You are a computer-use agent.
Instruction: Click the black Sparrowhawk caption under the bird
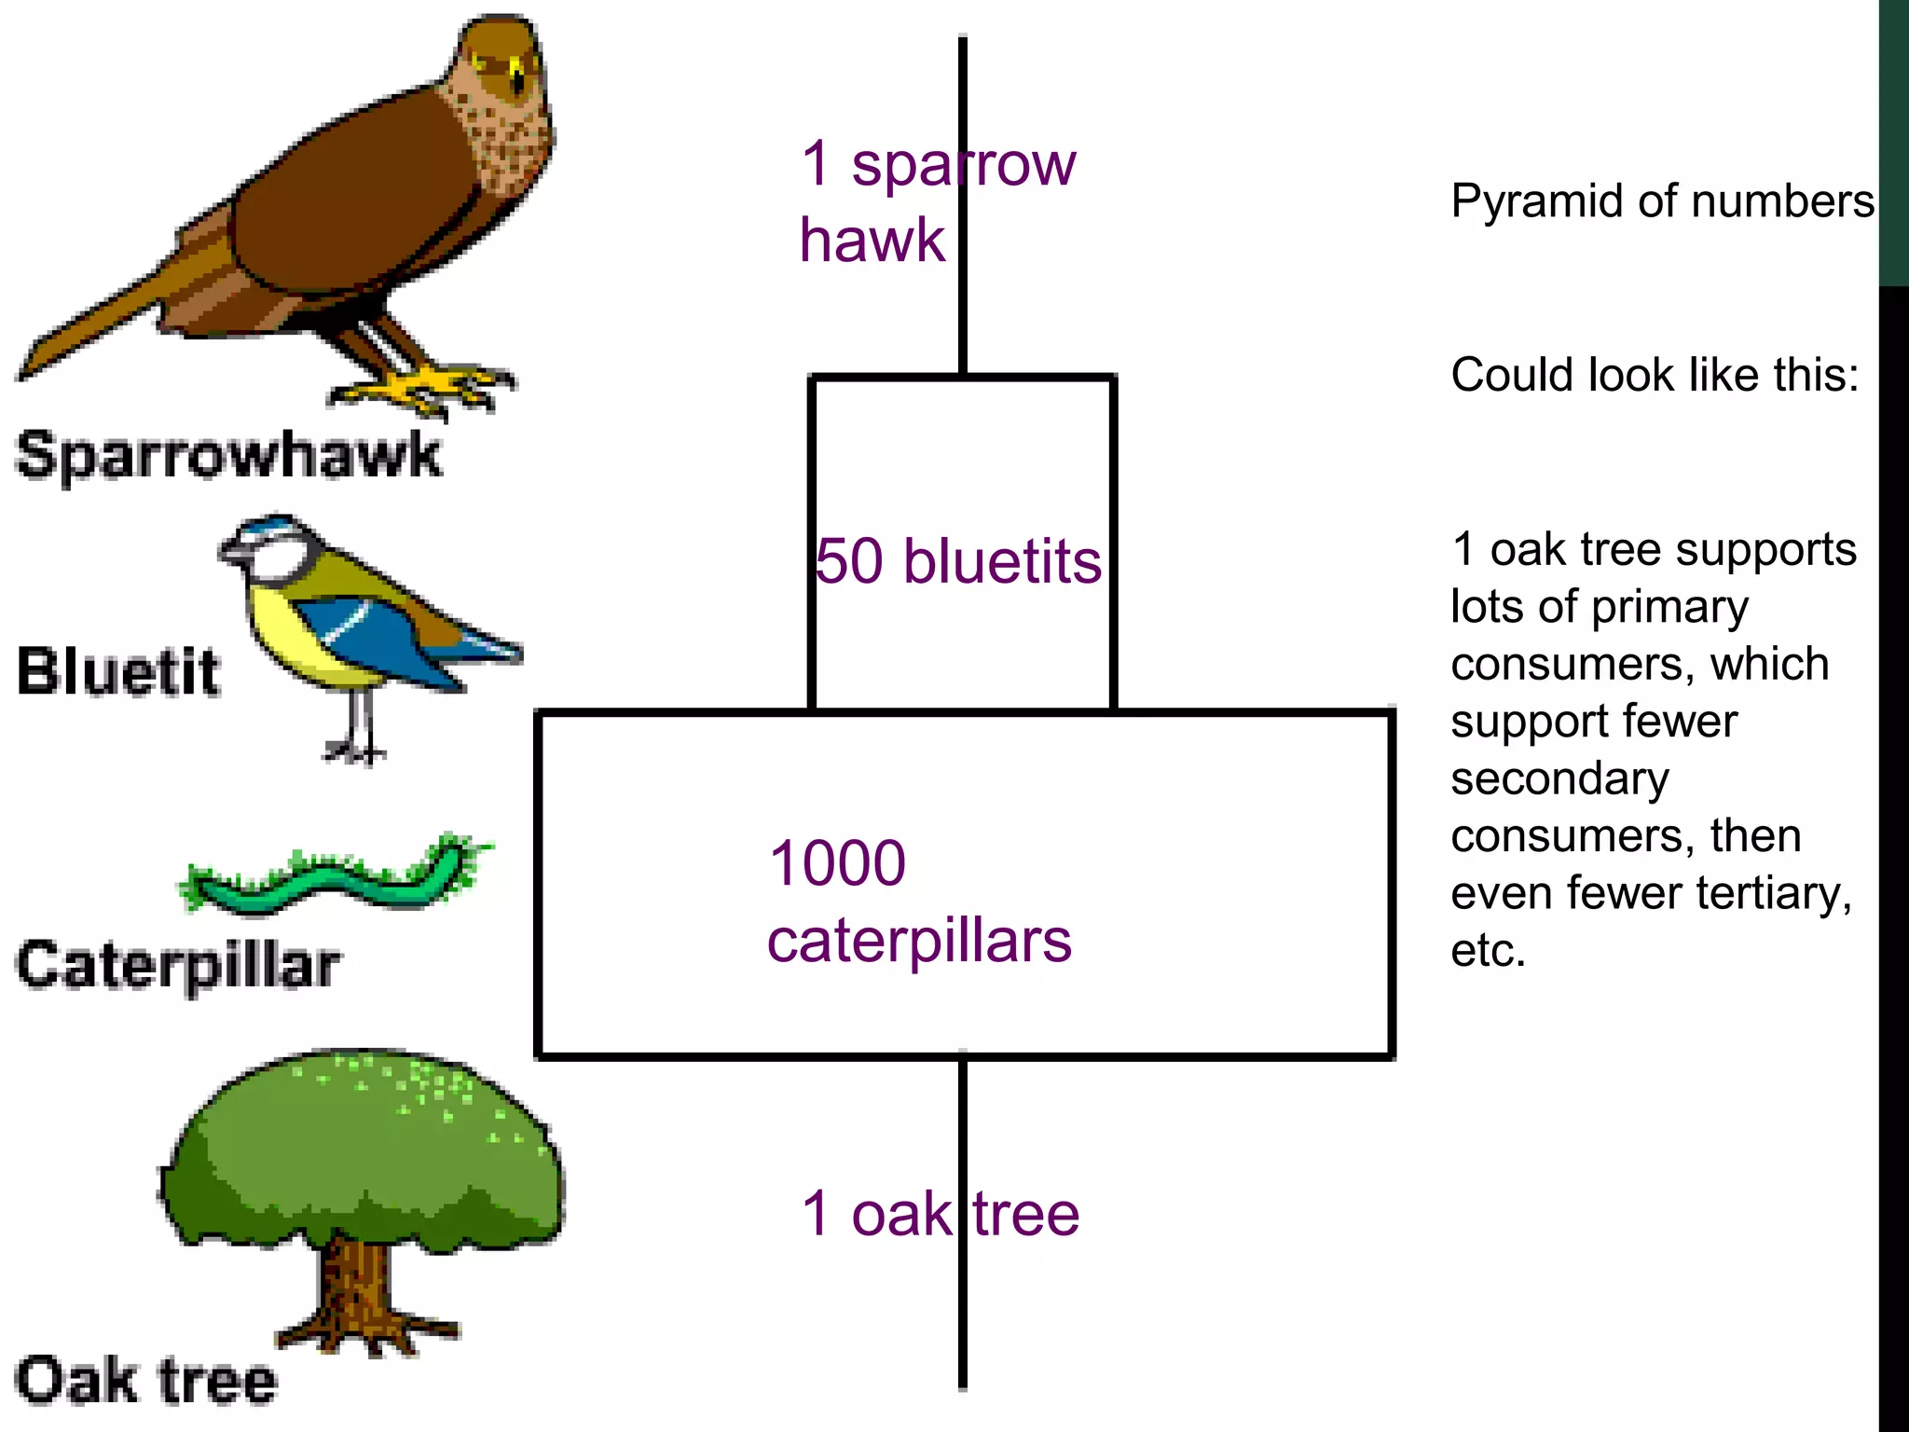pyautogui.click(x=229, y=456)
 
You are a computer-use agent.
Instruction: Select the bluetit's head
pyautogui.click(x=270, y=550)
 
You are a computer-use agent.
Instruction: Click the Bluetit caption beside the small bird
pyautogui.click(x=118, y=671)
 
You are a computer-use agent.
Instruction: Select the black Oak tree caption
pyautogui.click(x=146, y=1381)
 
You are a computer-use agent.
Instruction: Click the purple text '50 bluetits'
pyautogui.click(x=958, y=561)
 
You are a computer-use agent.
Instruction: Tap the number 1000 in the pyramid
pyautogui.click(x=837, y=863)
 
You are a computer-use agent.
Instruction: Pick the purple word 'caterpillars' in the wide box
pyautogui.click(x=919, y=941)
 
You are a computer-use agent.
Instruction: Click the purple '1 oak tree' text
pyautogui.click(x=940, y=1214)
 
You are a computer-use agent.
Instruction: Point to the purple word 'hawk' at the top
pyautogui.click(x=872, y=241)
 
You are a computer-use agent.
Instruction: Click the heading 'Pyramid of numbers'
pyautogui.click(x=1662, y=201)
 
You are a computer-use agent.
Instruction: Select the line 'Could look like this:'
pyautogui.click(x=1655, y=375)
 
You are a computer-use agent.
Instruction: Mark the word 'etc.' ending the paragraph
pyautogui.click(x=1488, y=951)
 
